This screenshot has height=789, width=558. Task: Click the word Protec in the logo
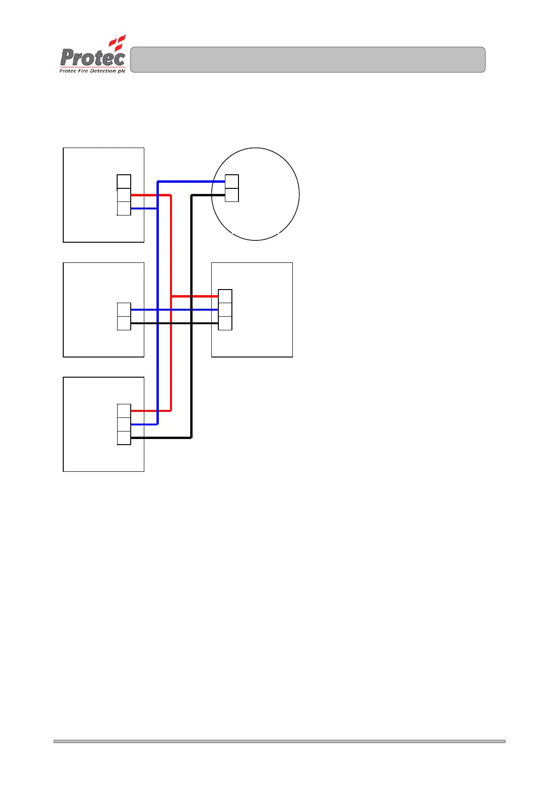pyautogui.click(x=93, y=58)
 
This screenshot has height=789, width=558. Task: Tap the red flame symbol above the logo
pyautogui.click(x=118, y=42)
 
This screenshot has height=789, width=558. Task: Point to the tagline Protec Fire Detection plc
pyautogui.click(x=92, y=71)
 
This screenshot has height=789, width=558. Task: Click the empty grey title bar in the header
pyautogui.click(x=307, y=60)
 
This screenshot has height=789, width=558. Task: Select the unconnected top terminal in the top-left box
pyautogui.click(x=124, y=182)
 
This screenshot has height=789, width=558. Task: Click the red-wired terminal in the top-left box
pyautogui.click(x=124, y=195)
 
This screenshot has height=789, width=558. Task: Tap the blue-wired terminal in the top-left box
pyautogui.click(x=124, y=208)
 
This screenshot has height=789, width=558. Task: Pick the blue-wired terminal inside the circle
pyautogui.click(x=232, y=181)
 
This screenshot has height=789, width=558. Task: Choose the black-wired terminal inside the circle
pyautogui.click(x=232, y=195)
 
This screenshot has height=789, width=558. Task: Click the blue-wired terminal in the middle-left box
pyautogui.click(x=124, y=310)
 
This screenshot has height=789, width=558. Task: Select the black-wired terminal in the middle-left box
pyautogui.click(x=124, y=323)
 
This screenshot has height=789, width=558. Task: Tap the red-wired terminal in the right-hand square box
pyautogui.click(x=225, y=297)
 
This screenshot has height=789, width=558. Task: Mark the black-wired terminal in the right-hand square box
pyautogui.click(x=225, y=323)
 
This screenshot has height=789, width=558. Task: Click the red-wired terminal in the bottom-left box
pyautogui.click(x=124, y=411)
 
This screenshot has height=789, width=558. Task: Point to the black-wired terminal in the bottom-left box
pyautogui.click(x=124, y=438)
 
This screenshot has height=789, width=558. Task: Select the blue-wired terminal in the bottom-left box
pyautogui.click(x=124, y=424)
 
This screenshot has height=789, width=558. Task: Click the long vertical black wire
pyautogui.click(x=191, y=375)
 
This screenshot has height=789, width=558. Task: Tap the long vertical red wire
pyautogui.click(x=171, y=356)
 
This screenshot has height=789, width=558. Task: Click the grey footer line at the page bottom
pyautogui.click(x=279, y=741)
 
